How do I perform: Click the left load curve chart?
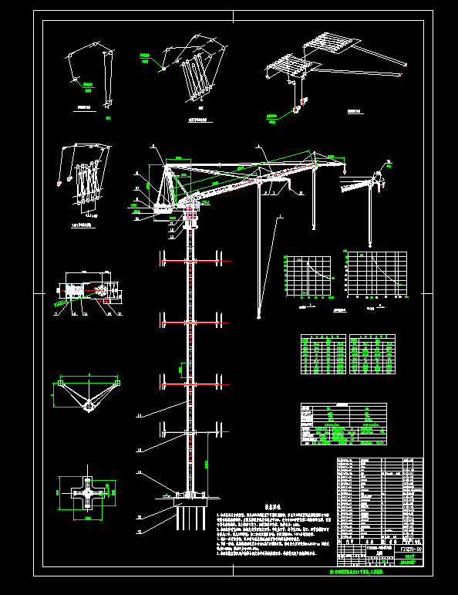310,275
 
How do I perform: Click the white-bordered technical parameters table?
343,424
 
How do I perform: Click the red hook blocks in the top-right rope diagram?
298,107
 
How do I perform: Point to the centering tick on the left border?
37,294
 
